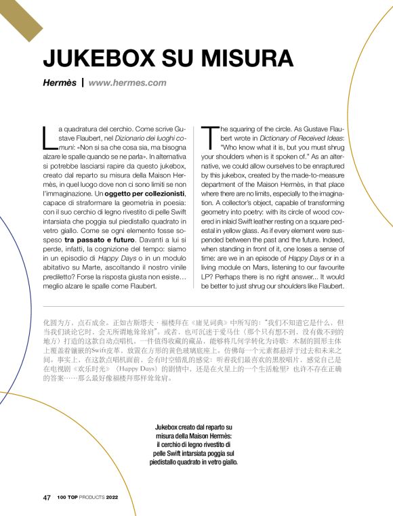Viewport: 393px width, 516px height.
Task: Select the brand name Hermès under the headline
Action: click(58, 83)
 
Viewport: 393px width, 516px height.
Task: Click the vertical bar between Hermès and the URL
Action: click(82, 83)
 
